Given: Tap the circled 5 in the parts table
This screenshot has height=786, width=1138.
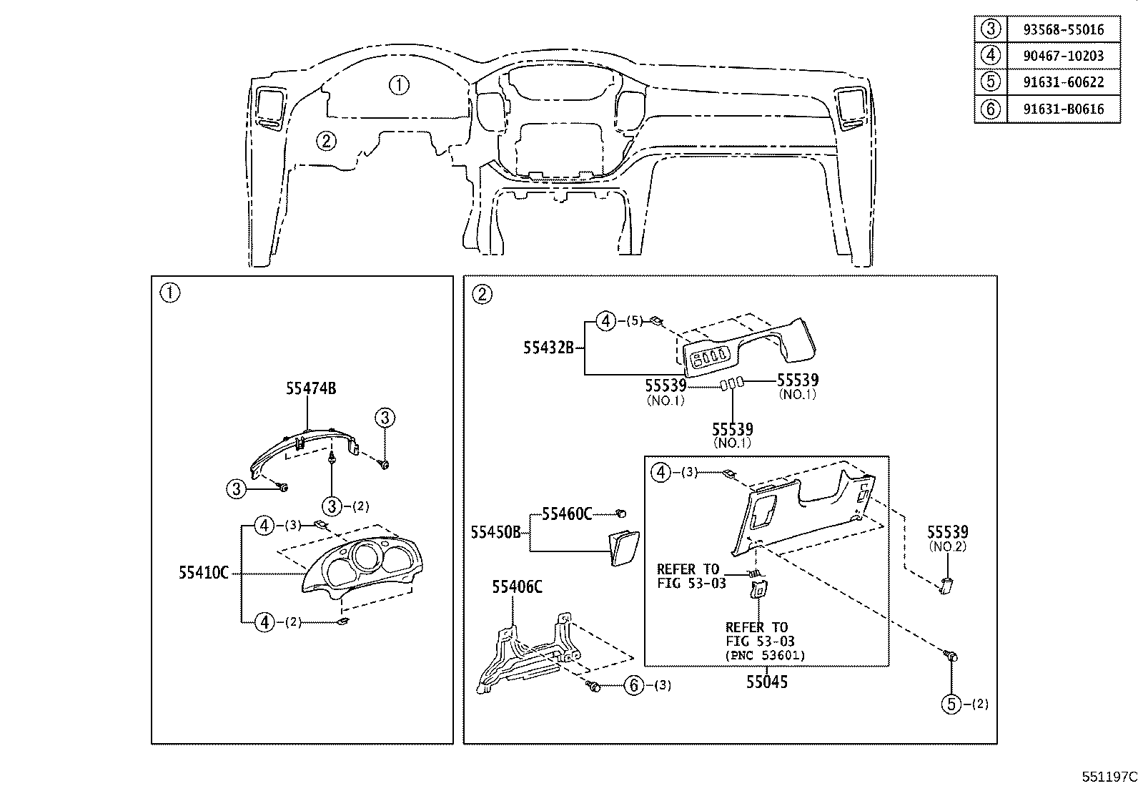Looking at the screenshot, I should pos(990,82).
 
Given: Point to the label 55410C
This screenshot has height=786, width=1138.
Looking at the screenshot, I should pos(204,573).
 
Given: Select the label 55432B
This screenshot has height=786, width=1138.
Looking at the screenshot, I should pos(548,348).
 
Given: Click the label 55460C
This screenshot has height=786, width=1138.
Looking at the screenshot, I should pos(567,514).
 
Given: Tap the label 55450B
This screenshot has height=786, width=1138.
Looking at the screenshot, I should pos(495,532).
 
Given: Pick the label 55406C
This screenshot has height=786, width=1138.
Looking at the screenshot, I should pos(517,587).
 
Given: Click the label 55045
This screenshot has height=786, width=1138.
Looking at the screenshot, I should pos(767,682).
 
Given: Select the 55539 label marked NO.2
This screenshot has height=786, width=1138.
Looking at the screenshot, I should pos(948,532).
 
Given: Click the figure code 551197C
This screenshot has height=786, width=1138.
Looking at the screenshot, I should pos(1108,777).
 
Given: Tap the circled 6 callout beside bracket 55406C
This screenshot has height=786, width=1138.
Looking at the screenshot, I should pos(633,686).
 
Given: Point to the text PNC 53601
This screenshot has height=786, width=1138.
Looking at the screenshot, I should pos(765,655).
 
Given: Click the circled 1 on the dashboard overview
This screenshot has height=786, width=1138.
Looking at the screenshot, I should pos(399,85).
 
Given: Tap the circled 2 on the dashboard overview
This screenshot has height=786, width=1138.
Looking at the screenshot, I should pos(325,141).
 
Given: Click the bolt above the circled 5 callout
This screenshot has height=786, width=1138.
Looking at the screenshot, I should pos(951,654).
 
